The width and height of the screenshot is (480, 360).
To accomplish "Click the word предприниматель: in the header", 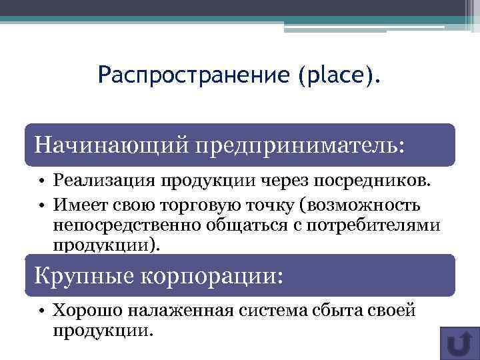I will tap(299, 145).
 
